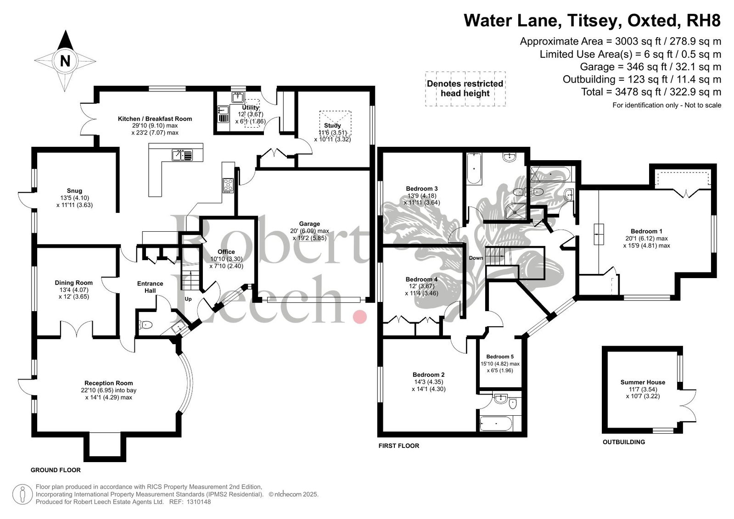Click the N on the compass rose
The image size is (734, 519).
click(65, 61)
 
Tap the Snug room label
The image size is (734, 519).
click(74, 191)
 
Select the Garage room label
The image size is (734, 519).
click(309, 224)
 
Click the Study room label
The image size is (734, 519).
click(332, 125)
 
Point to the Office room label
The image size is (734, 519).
click(226, 251)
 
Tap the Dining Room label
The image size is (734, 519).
click(74, 283)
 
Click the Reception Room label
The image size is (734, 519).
click(108, 383)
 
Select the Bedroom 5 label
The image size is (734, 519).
click(500, 357)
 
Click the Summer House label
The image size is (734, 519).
click(643, 382)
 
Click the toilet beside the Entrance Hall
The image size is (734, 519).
click(146, 325)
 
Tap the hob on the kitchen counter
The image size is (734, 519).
click(228, 185)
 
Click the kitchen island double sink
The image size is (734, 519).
click(183, 155)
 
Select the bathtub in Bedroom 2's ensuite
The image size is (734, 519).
click(495, 424)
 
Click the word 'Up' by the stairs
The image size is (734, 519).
click(188, 299)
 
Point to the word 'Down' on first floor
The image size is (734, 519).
click(476, 258)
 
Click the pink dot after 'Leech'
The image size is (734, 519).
click(360, 317)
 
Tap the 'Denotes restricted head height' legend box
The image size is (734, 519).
click(465, 89)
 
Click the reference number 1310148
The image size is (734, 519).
click(199, 502)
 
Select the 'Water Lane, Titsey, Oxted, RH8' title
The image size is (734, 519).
click(593, 20)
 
